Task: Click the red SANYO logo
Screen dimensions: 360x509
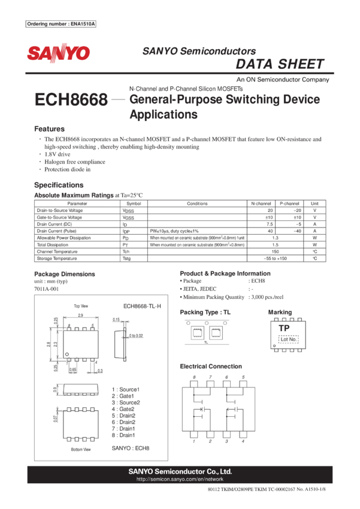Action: click(58, 53)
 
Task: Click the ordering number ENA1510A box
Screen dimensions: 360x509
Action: click(61, 24)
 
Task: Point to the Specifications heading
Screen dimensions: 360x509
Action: click(59, 185)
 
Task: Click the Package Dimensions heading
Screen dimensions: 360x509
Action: click(64, 274)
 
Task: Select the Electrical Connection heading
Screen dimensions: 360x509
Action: click(211, 366)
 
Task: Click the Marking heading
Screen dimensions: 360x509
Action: click(280, 313)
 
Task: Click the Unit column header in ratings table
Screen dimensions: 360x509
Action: click(314, 204)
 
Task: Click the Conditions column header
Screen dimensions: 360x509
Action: click(197, 204)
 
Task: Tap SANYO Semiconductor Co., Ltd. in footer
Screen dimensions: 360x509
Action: click(180, 471)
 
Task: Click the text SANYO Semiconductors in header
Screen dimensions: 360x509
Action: click(199, 51)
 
